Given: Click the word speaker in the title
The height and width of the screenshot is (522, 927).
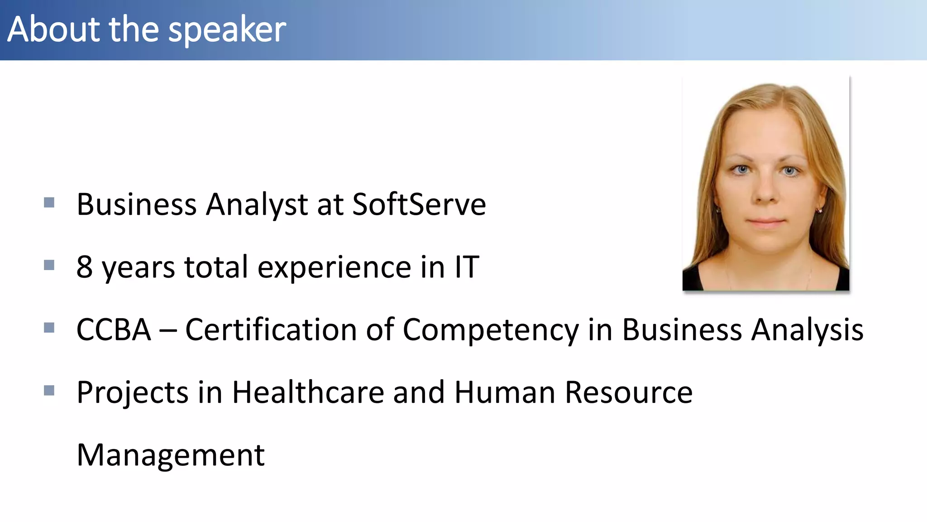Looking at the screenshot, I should pos(227,30).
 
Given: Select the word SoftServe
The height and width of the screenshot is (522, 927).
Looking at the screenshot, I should pos(419,204).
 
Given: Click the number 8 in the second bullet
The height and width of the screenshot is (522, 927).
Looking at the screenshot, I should pos(85,266).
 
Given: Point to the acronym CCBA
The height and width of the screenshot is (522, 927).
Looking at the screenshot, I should pos(114,329).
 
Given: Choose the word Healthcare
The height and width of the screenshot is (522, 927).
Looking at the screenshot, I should pos(308,392).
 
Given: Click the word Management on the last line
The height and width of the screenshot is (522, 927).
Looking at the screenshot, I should pos(171,455).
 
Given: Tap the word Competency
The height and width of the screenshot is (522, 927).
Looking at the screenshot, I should pos(490,329).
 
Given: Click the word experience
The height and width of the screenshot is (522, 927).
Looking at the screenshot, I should pos(334,267).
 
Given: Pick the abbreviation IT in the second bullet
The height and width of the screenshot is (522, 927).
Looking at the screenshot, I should pos(467,266).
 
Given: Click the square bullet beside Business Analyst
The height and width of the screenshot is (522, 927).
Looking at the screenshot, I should pos(49,202).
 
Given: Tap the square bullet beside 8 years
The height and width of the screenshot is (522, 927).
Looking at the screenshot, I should pos(49,265).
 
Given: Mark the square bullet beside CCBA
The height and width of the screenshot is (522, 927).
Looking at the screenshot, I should pos(49,327).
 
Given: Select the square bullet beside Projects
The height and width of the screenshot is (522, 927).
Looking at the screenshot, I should pos(49,390).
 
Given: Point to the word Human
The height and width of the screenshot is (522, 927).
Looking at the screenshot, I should pos(504,392).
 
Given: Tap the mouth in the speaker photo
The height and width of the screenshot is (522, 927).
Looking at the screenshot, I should pos(766,222).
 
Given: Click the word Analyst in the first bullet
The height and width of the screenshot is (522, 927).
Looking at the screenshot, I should pos(257,204).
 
